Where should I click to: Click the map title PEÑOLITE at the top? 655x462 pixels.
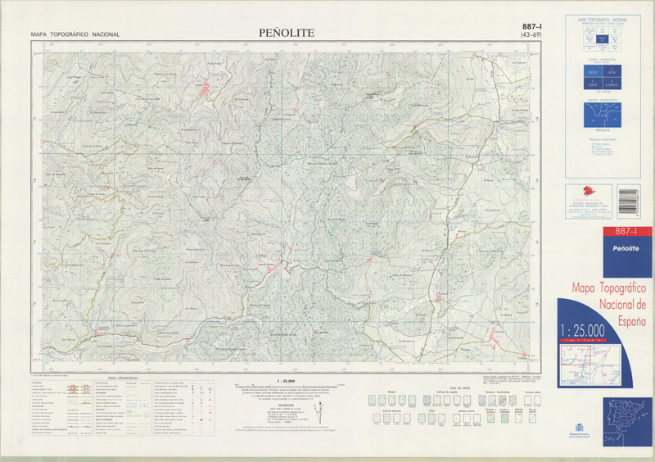286,33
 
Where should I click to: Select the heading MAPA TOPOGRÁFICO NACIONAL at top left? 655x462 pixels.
75,34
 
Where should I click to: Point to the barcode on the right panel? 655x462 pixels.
627,198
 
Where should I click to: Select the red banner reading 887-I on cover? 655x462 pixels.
606,233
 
